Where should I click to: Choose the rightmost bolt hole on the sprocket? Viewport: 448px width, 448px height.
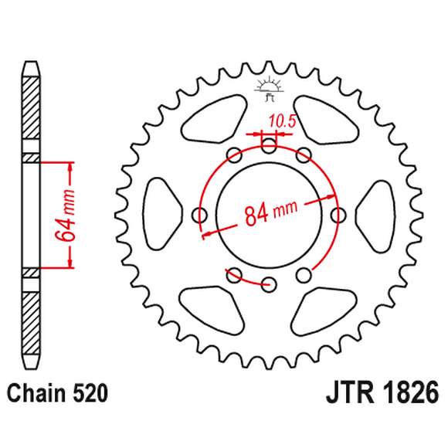(338, 215)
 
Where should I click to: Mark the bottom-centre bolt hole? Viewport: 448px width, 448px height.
(269, 284)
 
